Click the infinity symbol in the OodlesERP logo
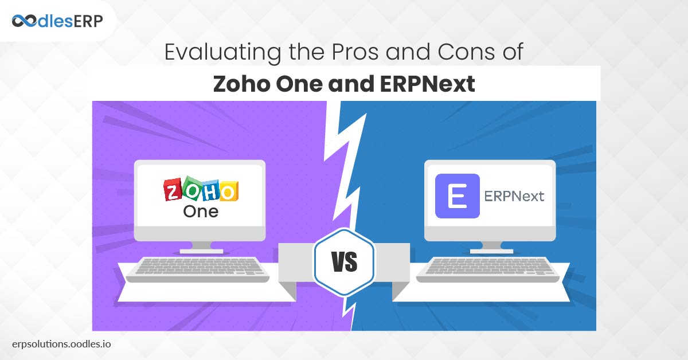(24, 21)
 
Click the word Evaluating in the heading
(222, 52)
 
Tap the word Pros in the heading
(355, 52)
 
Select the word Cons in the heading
(466, 52)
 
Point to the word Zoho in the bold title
(242, 84)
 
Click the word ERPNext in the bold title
(428, 84)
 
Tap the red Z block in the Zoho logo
(173, 190)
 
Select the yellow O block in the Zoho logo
(229, 191)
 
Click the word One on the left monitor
(201, 212)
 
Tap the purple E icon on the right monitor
(458, 196)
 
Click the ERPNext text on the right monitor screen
(514, 196)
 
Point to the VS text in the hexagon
(345, 262)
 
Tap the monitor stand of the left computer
(201, 247)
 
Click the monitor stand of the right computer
(492, 247)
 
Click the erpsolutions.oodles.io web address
(61, 344)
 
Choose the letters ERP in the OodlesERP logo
(88, 22)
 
